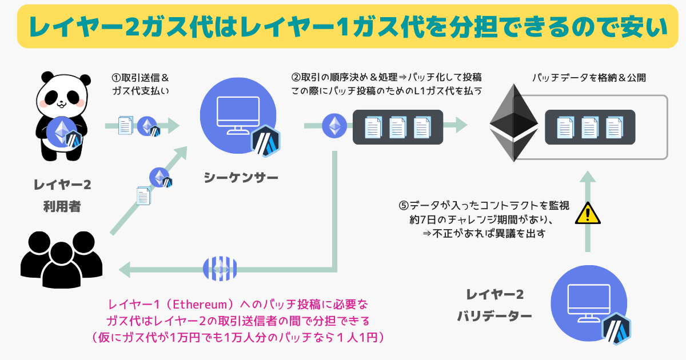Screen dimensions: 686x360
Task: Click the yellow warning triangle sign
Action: pos(588,213)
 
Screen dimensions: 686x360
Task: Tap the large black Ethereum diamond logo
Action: pos(513,123)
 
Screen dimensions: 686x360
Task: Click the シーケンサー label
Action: pos(241,178)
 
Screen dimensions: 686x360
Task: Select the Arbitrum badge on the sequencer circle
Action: pos(266,141)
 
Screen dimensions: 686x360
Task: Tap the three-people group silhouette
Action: pos(61,259)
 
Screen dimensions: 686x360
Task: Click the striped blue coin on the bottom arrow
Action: pos(220,269)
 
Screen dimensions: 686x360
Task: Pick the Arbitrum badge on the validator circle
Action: pos(616,329)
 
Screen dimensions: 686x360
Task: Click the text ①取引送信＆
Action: pos(140,78)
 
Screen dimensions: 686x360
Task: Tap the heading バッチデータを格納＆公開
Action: pos(589,78)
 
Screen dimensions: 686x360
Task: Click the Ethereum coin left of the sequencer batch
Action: pos(334,126)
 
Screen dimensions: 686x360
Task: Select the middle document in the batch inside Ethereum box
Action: pos(590,127)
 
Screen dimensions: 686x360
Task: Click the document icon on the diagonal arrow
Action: pos(143,195)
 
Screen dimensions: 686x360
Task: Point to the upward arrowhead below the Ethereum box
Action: pos(588,177)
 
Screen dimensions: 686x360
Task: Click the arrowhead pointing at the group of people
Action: pos(125,270)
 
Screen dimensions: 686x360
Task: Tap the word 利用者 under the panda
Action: pos(62,206)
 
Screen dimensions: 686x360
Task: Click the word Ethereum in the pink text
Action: pos(201,304)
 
